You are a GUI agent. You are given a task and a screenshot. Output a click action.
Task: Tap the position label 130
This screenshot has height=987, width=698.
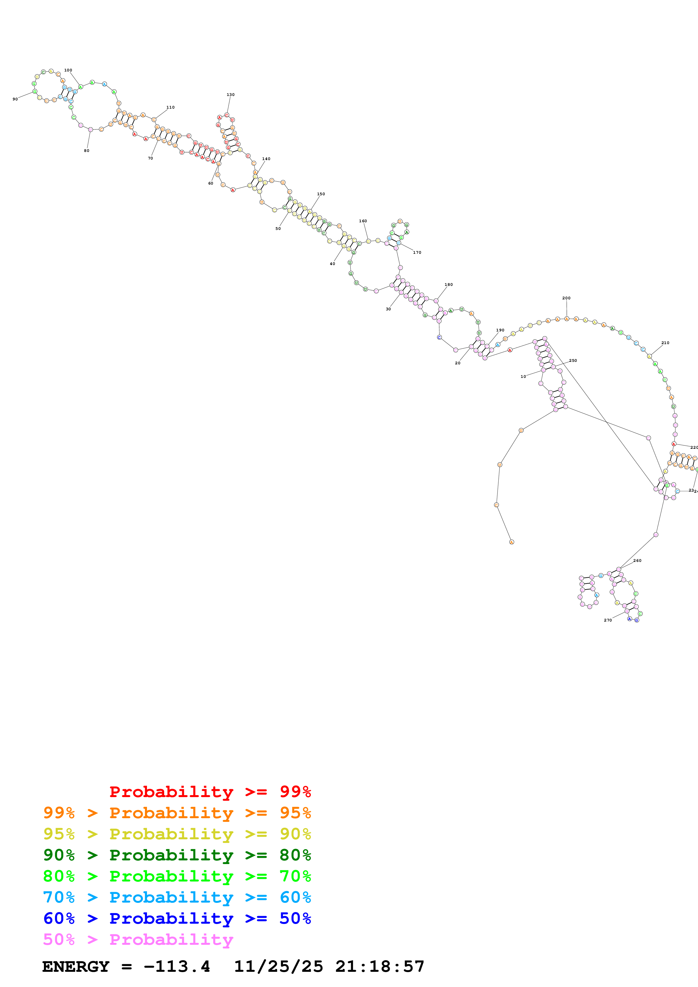(231, 95)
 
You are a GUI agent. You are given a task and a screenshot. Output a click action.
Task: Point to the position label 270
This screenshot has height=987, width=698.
(607, 620)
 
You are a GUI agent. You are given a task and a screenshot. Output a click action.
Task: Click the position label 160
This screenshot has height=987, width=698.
(363, 221)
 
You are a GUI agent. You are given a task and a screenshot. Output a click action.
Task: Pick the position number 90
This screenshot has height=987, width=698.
(15, 99)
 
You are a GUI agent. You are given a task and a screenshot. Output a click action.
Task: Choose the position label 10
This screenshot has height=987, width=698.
(523, 376)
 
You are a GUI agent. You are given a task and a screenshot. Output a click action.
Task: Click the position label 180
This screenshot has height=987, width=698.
(449, 284)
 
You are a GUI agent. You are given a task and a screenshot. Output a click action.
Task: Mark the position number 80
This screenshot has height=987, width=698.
(86, 151)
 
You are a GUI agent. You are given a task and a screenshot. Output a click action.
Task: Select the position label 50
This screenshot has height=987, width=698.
(278, 229)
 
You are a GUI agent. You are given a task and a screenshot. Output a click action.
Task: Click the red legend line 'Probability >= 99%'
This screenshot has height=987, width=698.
(210, 791)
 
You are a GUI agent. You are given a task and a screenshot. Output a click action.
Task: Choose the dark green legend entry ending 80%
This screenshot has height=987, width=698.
(177, 855)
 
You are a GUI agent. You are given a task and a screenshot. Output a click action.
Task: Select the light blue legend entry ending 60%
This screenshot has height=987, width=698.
(177, 897)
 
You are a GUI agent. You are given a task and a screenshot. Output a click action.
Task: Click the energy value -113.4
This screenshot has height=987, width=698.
(177, 967)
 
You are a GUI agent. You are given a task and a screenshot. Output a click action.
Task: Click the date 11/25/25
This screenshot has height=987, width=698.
(278, 967)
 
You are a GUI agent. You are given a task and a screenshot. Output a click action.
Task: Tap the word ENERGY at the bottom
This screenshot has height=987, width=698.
(76, 967)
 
